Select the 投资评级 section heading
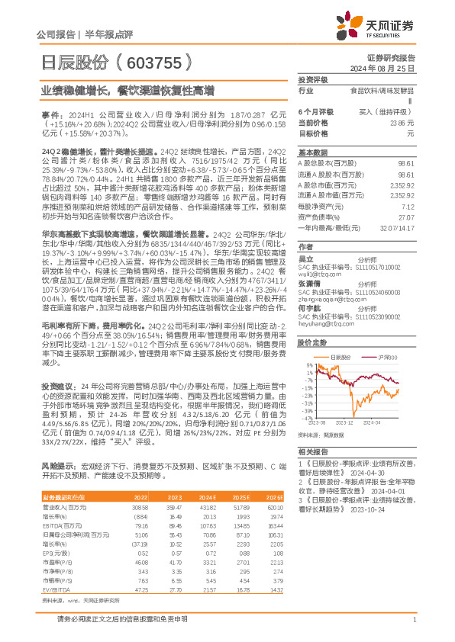pyautogui.click(x=312, y=79)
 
